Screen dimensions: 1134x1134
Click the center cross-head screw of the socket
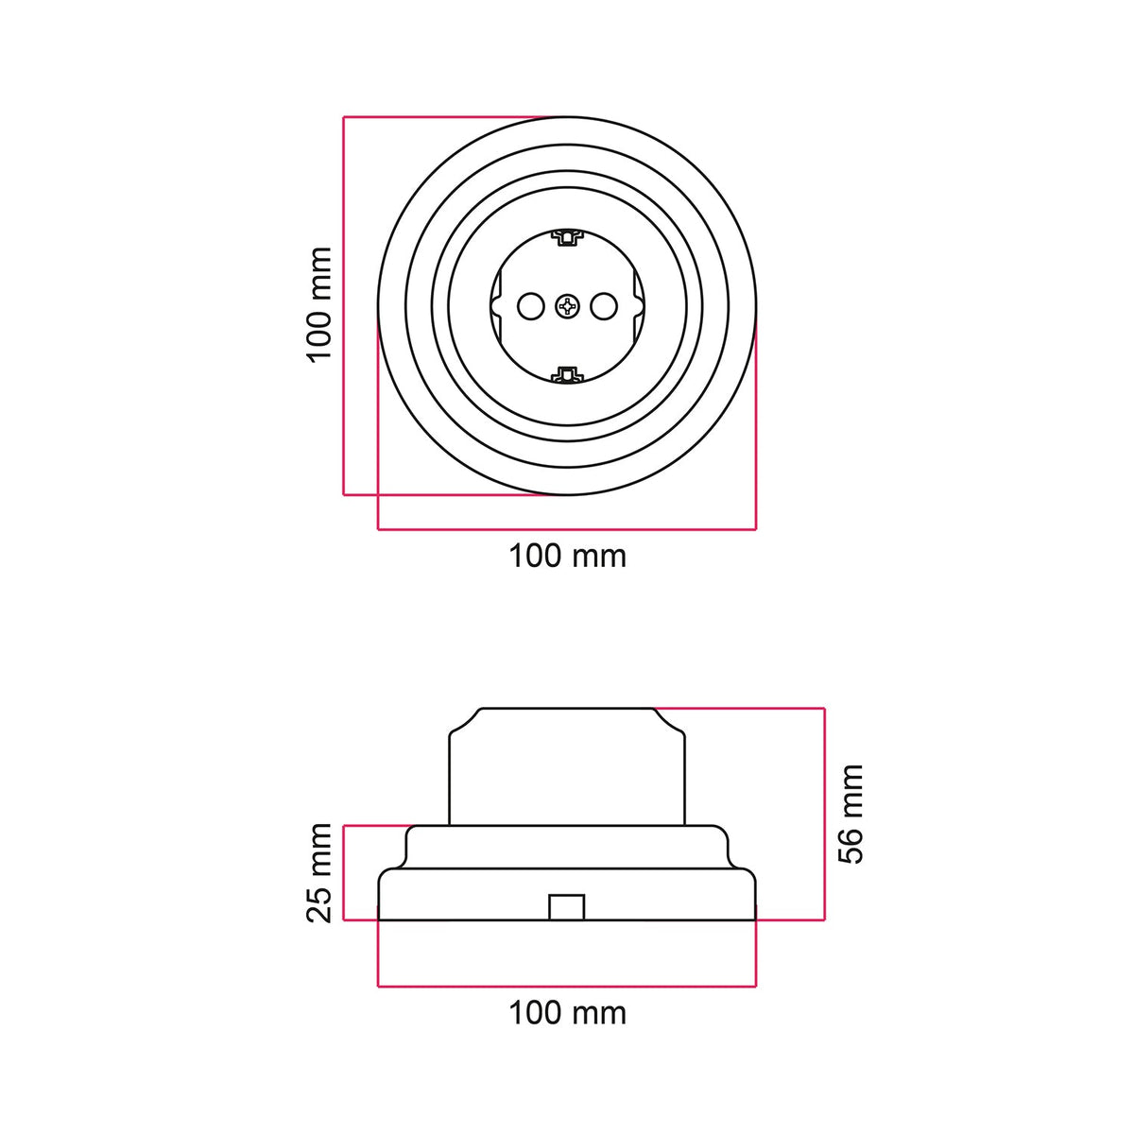(x=567, y=306)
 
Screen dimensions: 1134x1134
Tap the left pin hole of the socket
(x=529, y=306)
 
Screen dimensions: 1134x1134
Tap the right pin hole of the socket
(x=604, y=306)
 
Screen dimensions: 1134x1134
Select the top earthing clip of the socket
(x=565, y=238)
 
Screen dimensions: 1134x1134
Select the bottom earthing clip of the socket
(x=565, y=374)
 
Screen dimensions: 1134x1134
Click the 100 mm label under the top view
(x=567, y=556)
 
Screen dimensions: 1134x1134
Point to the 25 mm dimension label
(x=320, y=873)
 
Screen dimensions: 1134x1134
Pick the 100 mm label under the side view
(x=567, y=1013)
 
